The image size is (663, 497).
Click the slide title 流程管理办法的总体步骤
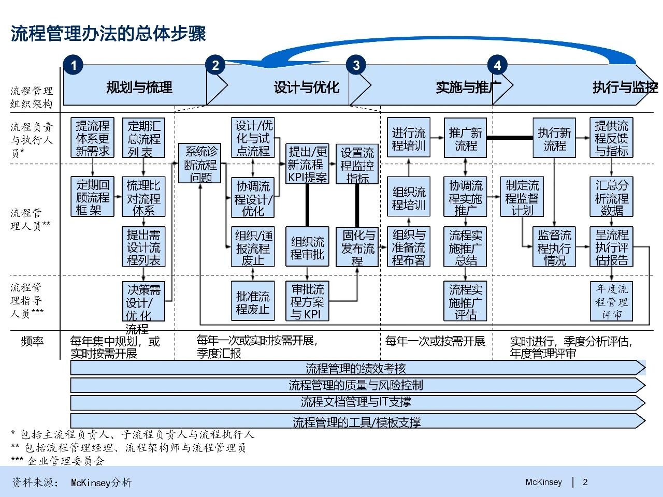pos(108,34)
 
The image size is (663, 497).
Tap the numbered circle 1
pos(74,65)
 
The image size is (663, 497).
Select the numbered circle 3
pos(356,65)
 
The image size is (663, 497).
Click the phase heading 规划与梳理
pos(139,87)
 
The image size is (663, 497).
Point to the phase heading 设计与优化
pos(307,87)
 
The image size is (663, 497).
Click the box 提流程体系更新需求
pos(93,138)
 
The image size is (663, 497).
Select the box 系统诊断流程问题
pos(200,163)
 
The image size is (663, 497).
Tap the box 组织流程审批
pos(307,247)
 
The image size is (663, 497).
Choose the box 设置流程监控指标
pos(357,164)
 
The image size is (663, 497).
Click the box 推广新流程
pos(465,138)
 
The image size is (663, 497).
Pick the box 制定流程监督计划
pos(522,197)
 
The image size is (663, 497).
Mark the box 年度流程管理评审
pos(611,301)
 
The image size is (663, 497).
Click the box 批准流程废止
pos(253,301)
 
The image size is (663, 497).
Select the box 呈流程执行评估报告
pos(611,247)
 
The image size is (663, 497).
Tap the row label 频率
pos(32,341)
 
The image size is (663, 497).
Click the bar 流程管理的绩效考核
pos(355,368)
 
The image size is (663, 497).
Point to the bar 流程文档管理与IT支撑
pos(355,402)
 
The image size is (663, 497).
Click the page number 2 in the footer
pos(585,482)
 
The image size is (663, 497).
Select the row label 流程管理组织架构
pos(32,97)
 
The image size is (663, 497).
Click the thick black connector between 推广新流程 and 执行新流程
pos(510,138)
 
